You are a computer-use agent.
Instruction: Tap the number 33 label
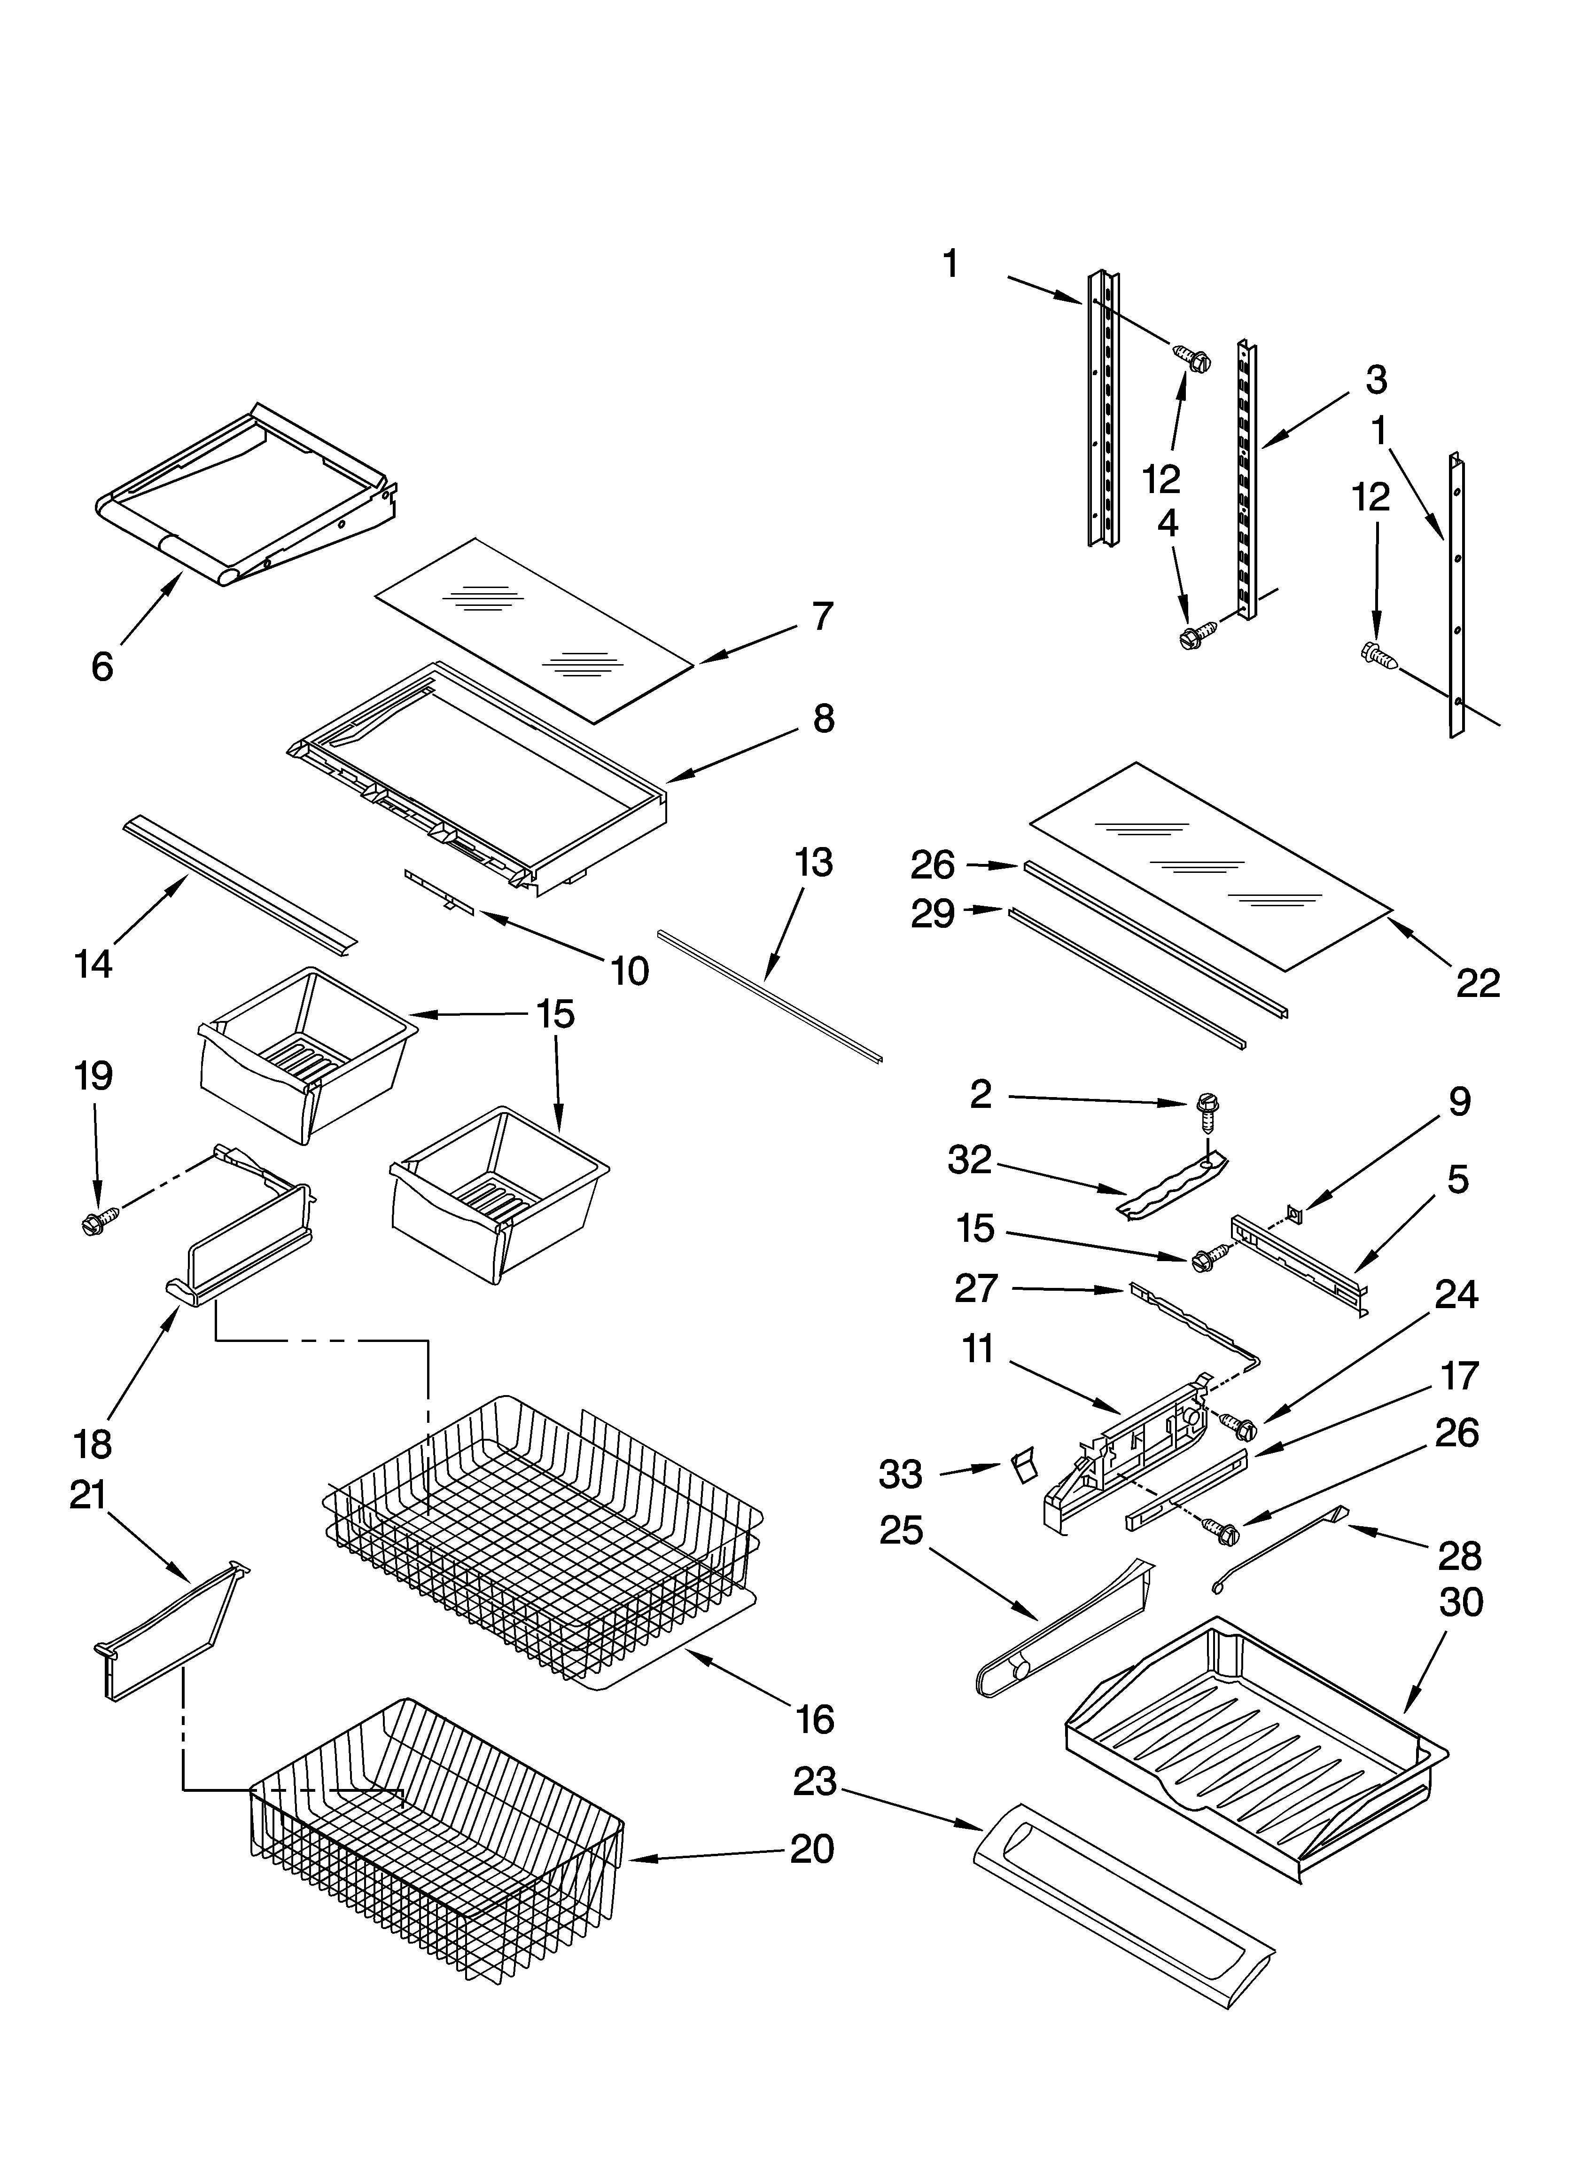coord(901,1475)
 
